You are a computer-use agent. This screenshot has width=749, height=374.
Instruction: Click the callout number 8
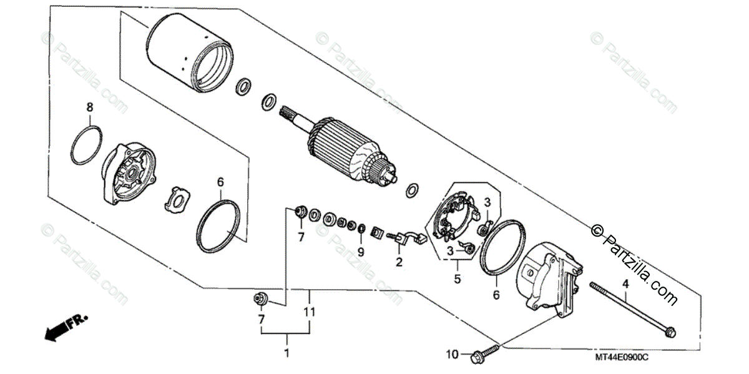pos(90,107)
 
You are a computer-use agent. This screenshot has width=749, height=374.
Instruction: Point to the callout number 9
pos(360,252)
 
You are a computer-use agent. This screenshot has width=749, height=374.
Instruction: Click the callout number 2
pos(398,263)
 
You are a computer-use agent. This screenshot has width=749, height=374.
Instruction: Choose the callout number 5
pos(457,280)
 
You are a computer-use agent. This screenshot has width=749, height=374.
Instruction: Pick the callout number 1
pos(286,355)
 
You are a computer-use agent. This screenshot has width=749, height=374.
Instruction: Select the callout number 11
pos(309,312)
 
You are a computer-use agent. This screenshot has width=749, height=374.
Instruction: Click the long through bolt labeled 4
pos(630,309)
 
